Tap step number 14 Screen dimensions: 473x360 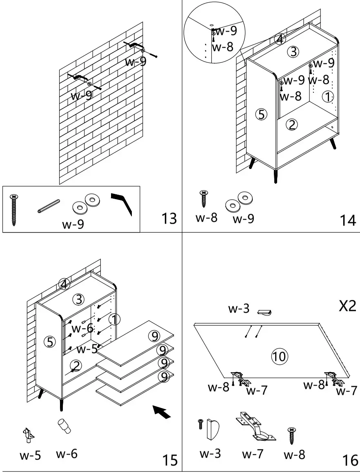click(348, 220)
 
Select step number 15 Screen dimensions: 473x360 click(169, 460)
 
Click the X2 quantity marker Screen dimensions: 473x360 click(348, 306)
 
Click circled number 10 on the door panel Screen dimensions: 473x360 click(280, 356)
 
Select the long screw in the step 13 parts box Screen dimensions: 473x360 click(14, 210)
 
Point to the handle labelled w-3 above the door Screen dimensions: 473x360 click(264, 313)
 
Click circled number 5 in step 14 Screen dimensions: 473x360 click(262, 115)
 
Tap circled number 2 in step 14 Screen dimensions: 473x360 click(291, 124)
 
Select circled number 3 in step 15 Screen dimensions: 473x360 click(78, 299)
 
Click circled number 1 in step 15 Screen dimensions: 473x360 click(115, 320)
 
